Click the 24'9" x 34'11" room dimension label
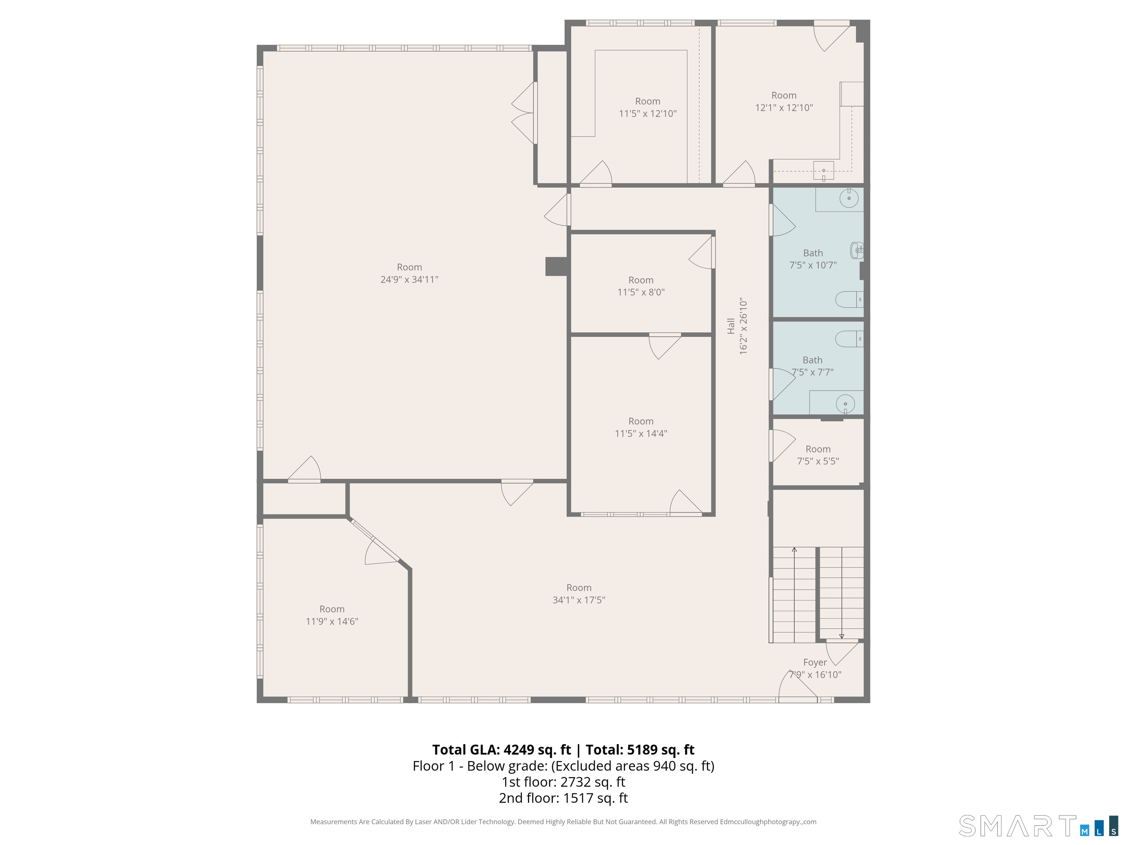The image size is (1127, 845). click(409, 279)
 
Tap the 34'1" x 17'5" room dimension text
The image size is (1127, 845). click(579, 600)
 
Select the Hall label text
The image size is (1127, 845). click(731, 326)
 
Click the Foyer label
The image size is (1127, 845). click(815, 662)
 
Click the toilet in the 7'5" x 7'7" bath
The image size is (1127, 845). click(849, 339)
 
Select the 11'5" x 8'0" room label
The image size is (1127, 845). click(641, 286)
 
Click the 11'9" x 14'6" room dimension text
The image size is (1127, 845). click(332, 621)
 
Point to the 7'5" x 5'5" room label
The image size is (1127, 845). click(818, 455)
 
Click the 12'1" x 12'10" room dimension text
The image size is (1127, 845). click(784, 107)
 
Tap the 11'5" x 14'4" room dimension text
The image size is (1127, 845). click(641, 434)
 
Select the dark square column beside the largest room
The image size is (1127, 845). click(557, 266)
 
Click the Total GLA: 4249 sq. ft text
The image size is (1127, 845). click(502, 750)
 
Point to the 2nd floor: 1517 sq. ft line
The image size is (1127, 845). click(563, 798)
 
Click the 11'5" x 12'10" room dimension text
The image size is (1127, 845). click(648, 114)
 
